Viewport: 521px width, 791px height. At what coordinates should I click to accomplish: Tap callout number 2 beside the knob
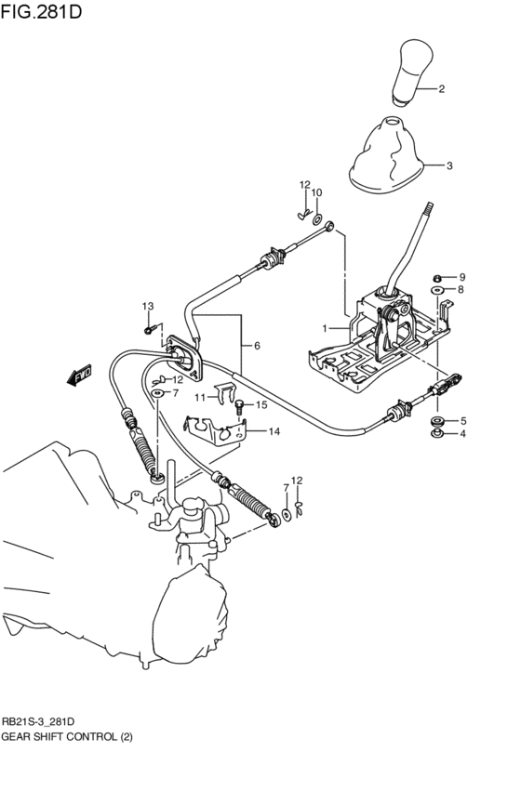tap(441, 90)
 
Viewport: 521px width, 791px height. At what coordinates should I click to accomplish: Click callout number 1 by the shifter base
tap(326, 328)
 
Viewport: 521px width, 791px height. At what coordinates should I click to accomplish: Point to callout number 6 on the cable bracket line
tap(257, 346)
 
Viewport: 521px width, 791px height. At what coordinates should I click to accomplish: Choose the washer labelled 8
tap(437, 291)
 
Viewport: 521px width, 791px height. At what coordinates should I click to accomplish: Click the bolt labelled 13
tap(148, 328)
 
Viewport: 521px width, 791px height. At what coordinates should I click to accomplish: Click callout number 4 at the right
tap(463, 434)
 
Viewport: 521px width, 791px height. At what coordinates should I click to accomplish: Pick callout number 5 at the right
tap(463, 420)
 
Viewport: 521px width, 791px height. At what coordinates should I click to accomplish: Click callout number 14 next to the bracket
tap(274, 431)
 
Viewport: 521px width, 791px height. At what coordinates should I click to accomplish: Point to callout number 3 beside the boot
tap(449, 166)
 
